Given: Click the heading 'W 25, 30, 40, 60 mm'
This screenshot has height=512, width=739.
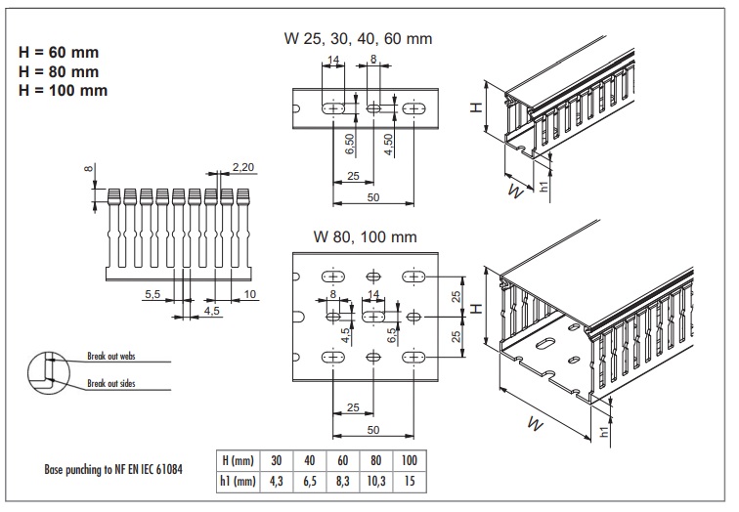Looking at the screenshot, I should tap(357, 39).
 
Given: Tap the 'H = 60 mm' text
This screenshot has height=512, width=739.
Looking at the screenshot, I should tap(59, 52).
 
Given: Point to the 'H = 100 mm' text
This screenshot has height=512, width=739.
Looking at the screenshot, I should tap(63, 90).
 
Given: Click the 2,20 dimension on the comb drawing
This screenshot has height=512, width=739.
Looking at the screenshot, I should tap(242, 168).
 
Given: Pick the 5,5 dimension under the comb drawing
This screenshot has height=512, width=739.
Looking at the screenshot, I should tap(152, 293).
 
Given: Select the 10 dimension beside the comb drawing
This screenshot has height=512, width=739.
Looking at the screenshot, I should tap(250, 293).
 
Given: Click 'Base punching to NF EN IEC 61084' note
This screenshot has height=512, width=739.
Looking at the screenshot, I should tap(114, 468).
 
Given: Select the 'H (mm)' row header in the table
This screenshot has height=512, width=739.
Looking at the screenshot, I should tap(239, 459).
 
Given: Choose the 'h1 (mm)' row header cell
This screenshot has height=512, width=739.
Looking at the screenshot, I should tap(239, 480).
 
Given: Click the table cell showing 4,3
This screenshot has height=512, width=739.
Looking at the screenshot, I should tap(277, 480).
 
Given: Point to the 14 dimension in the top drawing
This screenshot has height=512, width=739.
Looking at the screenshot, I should tap(334, 61).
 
